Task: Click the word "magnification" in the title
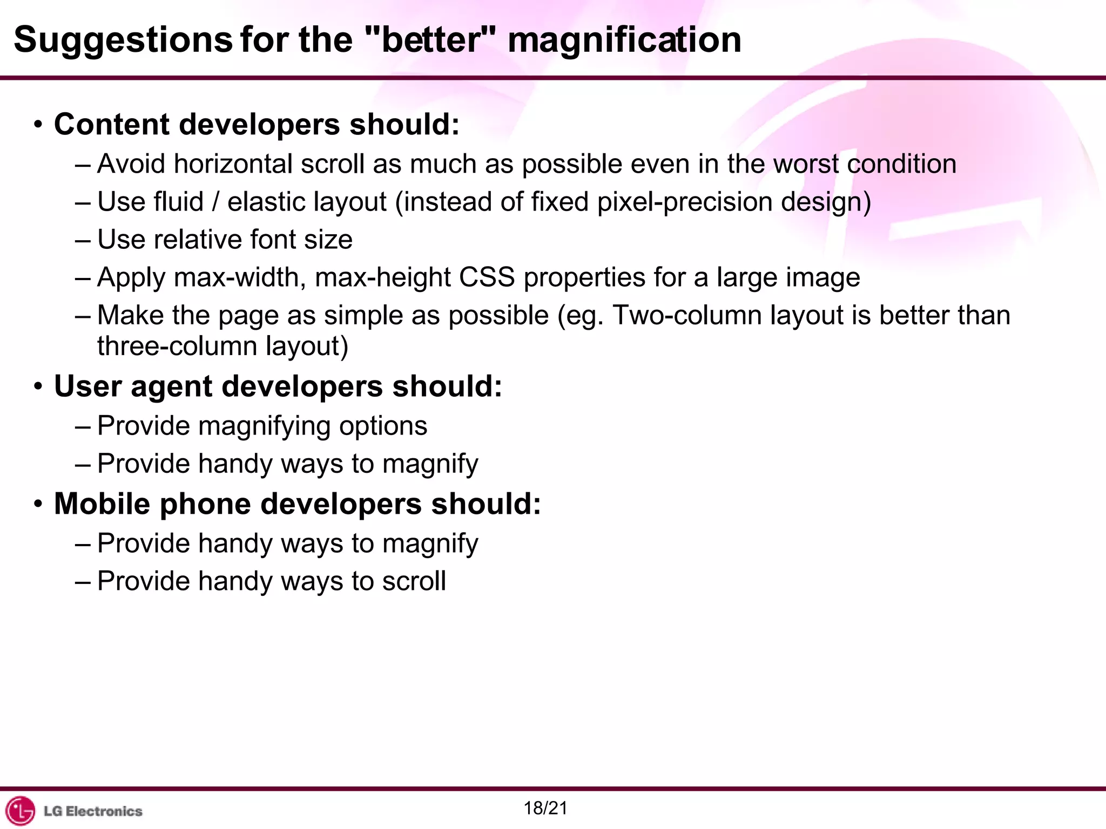[624, 41]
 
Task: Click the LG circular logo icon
[20, 811]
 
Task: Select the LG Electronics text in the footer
[93, 811]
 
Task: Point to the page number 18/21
[545, 808]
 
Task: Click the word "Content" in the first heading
[111, 124]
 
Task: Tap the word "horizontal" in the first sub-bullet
[233, 164]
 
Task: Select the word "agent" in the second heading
[171, 386]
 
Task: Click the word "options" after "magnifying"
[383, 426]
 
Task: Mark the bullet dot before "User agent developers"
[37, 386]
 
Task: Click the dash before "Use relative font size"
[83, 240]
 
